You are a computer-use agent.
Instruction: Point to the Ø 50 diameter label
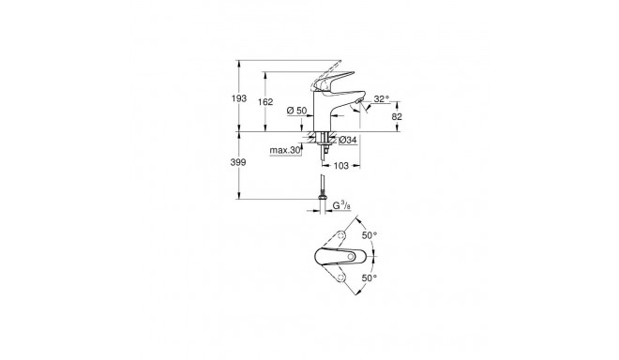click(294, 112)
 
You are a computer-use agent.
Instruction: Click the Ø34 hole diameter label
click(346, 141)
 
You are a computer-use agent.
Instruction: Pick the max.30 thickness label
click(284, 150)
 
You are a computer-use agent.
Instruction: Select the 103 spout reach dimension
click(341, 165)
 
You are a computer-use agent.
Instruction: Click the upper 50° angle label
click(368, 236)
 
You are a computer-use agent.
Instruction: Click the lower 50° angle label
click(368, 277)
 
